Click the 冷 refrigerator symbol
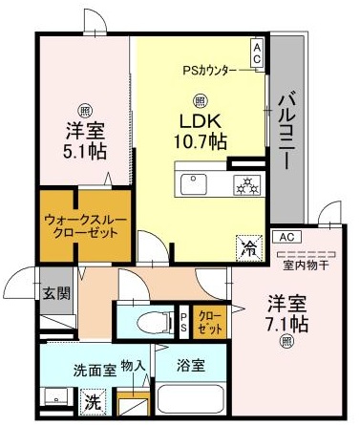246,245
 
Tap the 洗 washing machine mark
92,402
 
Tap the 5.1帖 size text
85,151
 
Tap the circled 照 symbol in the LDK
200,99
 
